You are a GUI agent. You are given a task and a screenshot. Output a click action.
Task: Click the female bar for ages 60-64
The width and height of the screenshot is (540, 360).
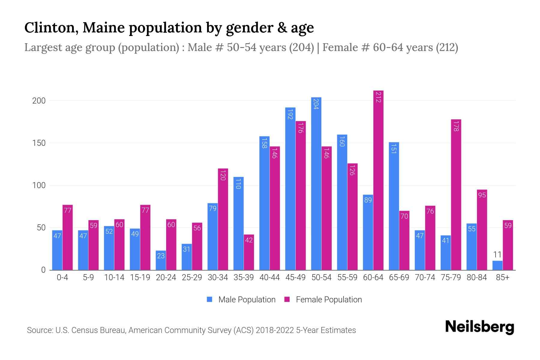378,180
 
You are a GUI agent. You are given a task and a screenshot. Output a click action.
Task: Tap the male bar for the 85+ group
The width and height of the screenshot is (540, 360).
497,265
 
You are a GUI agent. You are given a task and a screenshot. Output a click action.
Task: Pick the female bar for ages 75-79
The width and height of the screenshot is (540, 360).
456,195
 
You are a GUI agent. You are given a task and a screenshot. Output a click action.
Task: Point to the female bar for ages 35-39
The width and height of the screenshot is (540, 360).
249,252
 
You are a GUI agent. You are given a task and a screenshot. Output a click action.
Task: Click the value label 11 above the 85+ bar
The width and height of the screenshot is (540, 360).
497,255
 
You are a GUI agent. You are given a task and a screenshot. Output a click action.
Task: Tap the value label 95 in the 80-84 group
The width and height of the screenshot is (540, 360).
482,195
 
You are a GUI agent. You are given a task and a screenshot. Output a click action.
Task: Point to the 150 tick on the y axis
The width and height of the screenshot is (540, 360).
39,143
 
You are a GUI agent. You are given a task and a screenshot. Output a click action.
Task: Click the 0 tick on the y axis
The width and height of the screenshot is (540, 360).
43,270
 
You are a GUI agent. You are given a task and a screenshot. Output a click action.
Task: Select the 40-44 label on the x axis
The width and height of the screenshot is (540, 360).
269,277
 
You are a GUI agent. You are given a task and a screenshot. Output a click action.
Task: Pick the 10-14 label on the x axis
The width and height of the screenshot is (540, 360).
114,277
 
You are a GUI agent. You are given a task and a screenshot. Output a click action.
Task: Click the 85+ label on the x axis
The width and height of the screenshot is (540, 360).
502,277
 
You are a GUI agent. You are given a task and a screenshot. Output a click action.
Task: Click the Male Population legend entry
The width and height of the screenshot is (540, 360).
247,300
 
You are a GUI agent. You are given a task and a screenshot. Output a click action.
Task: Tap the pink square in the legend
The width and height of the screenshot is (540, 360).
287,299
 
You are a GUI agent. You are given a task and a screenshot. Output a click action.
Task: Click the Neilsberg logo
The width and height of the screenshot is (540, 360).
479,327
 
